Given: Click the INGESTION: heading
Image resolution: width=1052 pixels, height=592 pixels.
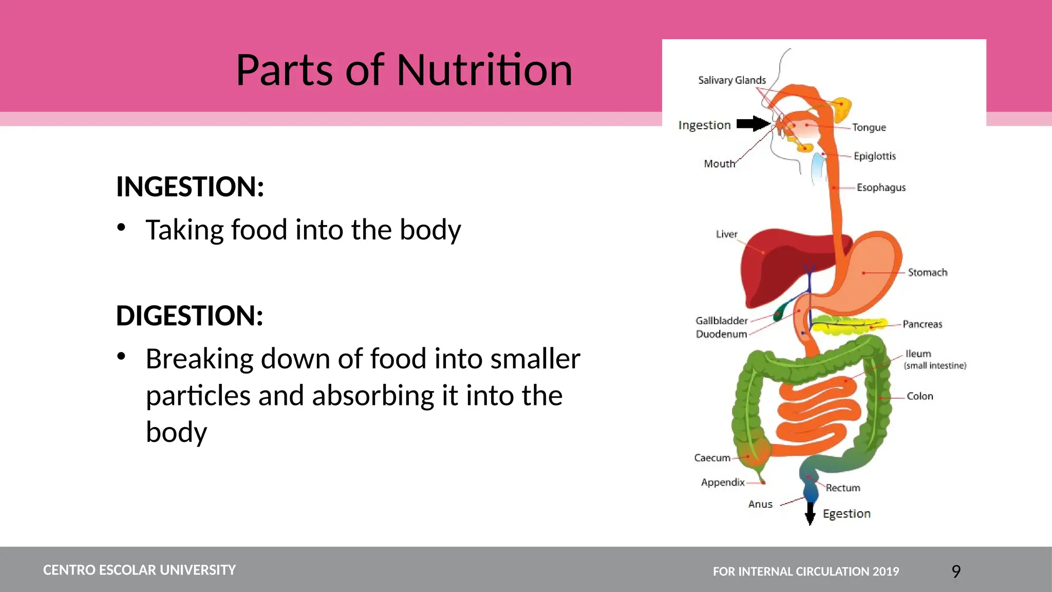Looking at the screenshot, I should [x=190, y=187].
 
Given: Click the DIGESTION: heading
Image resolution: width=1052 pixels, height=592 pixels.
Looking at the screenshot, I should [x=190, y=316].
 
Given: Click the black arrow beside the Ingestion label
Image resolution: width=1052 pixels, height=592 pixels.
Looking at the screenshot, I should [x=753, y=124].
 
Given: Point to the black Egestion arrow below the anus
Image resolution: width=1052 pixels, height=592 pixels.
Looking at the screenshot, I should [x=810, y=513].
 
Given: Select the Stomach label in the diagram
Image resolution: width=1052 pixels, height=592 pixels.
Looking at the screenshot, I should [x=927, y=272].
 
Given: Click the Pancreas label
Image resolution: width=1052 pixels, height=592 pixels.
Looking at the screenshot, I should [x=922, y=324].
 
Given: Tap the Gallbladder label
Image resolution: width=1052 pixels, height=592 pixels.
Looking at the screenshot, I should [x=721, y=321].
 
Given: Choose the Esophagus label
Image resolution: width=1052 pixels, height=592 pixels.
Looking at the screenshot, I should [x=880, y=188].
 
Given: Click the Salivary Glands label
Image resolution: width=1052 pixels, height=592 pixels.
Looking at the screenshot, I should [x=731, y=80].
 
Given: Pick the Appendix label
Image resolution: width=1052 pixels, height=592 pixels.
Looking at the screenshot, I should [x=722, y=483].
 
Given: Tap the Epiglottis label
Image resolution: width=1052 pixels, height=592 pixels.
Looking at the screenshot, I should [x=874, y=156].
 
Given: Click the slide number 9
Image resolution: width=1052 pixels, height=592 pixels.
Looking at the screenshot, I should [x=955, y=571].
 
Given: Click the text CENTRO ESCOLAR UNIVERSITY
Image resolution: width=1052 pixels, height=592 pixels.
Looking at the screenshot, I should [x=139, y=570].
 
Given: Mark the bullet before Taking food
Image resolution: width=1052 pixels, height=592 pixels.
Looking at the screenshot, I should [x=121, y=227].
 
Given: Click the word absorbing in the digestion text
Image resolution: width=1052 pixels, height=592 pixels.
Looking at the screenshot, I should [x=366, y=396].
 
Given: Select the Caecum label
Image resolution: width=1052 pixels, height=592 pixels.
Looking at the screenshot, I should [x=712, y=458].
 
